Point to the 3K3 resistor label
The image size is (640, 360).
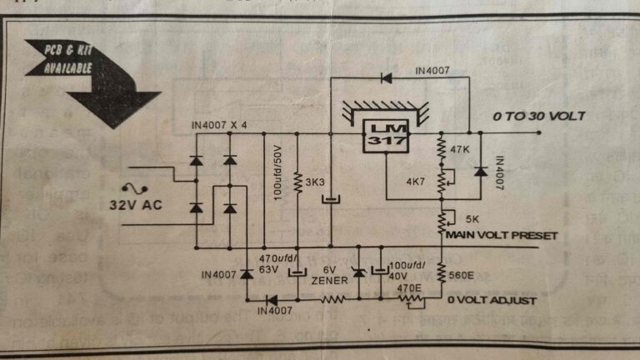point(315,182)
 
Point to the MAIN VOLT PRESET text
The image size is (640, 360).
point(501,235)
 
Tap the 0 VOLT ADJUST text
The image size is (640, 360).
point(492,300)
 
